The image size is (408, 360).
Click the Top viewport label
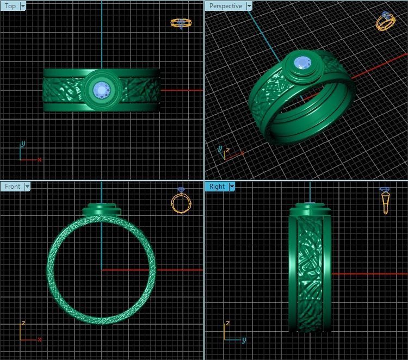(10, 7)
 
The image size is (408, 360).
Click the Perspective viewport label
(225, 7)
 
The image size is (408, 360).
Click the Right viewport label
(217, 187)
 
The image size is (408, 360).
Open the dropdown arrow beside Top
(23, 7)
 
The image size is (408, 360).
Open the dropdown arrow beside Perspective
(249, 7)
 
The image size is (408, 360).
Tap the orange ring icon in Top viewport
(181, 23)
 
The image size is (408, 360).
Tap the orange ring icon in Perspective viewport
(386, 21)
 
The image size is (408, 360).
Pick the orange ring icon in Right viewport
(385, 200)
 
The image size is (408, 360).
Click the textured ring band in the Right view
(310, 272)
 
